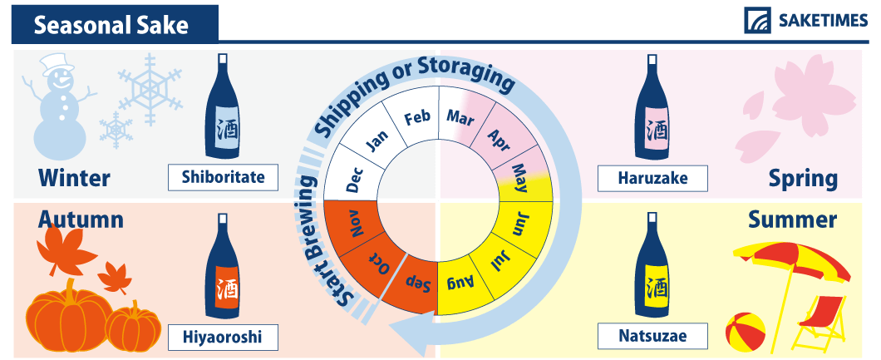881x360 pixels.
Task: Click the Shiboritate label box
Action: tap(223, 177)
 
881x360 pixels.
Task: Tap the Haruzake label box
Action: tap(652, 177)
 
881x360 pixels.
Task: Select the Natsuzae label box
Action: tap(652, 336)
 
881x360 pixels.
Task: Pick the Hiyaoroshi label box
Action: tap(223, 336)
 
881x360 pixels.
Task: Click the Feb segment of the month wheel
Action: tap(415, 118)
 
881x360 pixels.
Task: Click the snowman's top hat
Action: tap(57, 64)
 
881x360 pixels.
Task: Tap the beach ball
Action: tap(745, 332)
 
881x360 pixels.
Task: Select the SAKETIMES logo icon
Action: tap(757, 20)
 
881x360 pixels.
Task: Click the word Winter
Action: tap(74, 178)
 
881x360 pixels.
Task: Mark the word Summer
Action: tap(792, 219)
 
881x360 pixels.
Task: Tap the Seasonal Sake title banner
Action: tap(115, 25)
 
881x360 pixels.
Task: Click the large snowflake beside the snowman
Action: tap(150, 89)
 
